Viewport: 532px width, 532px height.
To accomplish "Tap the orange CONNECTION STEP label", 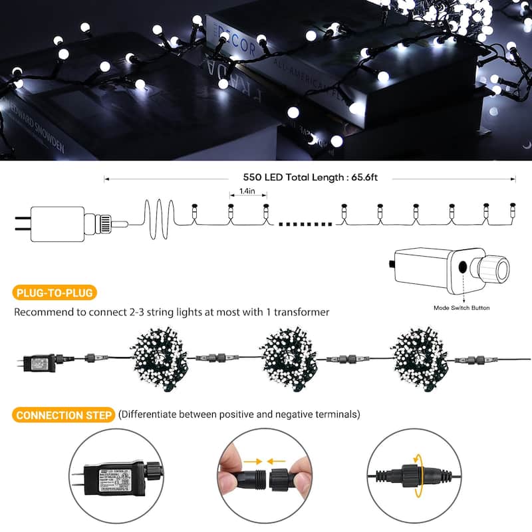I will point(64,415).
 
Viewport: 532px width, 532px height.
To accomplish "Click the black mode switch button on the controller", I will point(463,268).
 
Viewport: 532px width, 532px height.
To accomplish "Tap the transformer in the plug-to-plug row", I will point(40,361).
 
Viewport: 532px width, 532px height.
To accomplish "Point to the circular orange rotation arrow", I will point(418,475).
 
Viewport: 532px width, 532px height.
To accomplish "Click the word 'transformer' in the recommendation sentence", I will point(301,312).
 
